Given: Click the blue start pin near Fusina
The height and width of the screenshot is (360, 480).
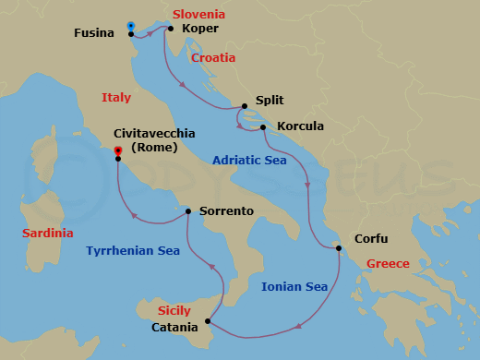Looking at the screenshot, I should coord(130,26).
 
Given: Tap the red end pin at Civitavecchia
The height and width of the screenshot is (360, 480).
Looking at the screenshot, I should coord(118,150).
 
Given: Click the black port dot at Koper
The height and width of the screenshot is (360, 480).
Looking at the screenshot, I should coord(171,28).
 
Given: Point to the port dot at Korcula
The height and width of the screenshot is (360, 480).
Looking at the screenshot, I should coord(263,127).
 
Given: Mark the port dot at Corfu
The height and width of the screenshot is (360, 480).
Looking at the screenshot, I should coord(339,247).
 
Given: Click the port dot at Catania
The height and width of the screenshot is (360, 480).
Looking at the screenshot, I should coord(209,322).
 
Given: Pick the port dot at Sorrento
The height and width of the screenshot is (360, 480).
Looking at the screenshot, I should coord(188,211).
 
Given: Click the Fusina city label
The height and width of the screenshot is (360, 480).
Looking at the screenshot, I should coord(94,34).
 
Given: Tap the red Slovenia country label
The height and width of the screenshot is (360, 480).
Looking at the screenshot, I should coord(198,15).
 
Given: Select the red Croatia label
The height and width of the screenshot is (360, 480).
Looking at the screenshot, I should coord(213,58).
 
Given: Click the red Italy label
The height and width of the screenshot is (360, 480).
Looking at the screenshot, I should coord(116,97).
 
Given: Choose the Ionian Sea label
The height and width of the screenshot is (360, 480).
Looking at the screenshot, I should coord(294,287).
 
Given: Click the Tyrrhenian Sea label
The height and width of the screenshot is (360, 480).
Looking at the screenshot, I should coord(133,250).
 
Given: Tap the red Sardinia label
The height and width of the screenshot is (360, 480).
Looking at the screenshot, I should coord(48,234).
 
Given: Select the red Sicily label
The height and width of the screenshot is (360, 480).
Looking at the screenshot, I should coord(174,311).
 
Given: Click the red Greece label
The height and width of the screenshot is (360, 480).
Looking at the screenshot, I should coord(388,264).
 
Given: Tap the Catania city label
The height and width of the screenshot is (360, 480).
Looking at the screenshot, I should coord(174,328).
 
